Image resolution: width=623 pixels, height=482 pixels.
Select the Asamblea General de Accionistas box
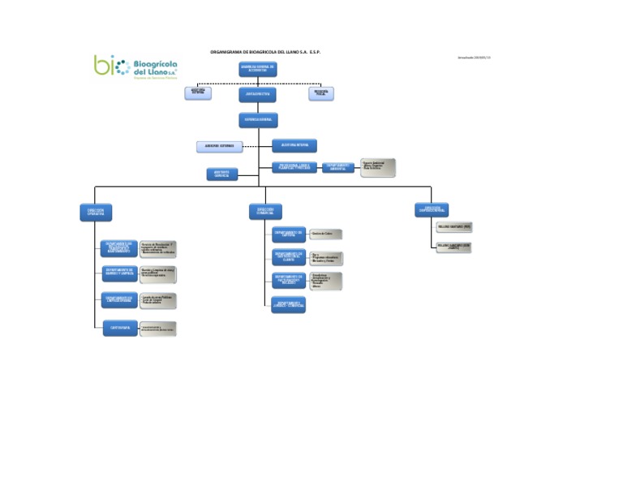258,69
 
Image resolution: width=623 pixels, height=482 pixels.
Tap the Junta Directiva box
258,95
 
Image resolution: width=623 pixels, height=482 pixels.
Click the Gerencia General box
258,120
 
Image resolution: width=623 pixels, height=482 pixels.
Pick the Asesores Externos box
219,146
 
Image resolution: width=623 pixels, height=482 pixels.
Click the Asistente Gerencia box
222,174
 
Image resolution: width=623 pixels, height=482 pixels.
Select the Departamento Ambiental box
339,167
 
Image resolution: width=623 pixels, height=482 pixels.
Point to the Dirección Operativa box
95,212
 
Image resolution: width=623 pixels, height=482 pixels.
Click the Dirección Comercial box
265,212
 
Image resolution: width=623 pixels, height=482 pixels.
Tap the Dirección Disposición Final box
431,211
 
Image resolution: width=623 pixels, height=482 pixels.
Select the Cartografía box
119,328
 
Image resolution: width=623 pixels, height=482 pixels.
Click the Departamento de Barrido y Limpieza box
119,273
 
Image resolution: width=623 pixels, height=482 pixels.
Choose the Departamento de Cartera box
289,234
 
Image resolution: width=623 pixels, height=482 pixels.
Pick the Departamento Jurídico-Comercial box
289,305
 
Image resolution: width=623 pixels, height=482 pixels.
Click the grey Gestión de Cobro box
325,234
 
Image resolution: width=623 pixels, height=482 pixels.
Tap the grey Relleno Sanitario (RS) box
453,227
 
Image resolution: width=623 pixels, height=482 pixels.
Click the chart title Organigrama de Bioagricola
265,51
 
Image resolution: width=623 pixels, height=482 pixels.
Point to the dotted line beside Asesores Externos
256,146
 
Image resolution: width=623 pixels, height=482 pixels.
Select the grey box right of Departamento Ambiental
377,167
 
